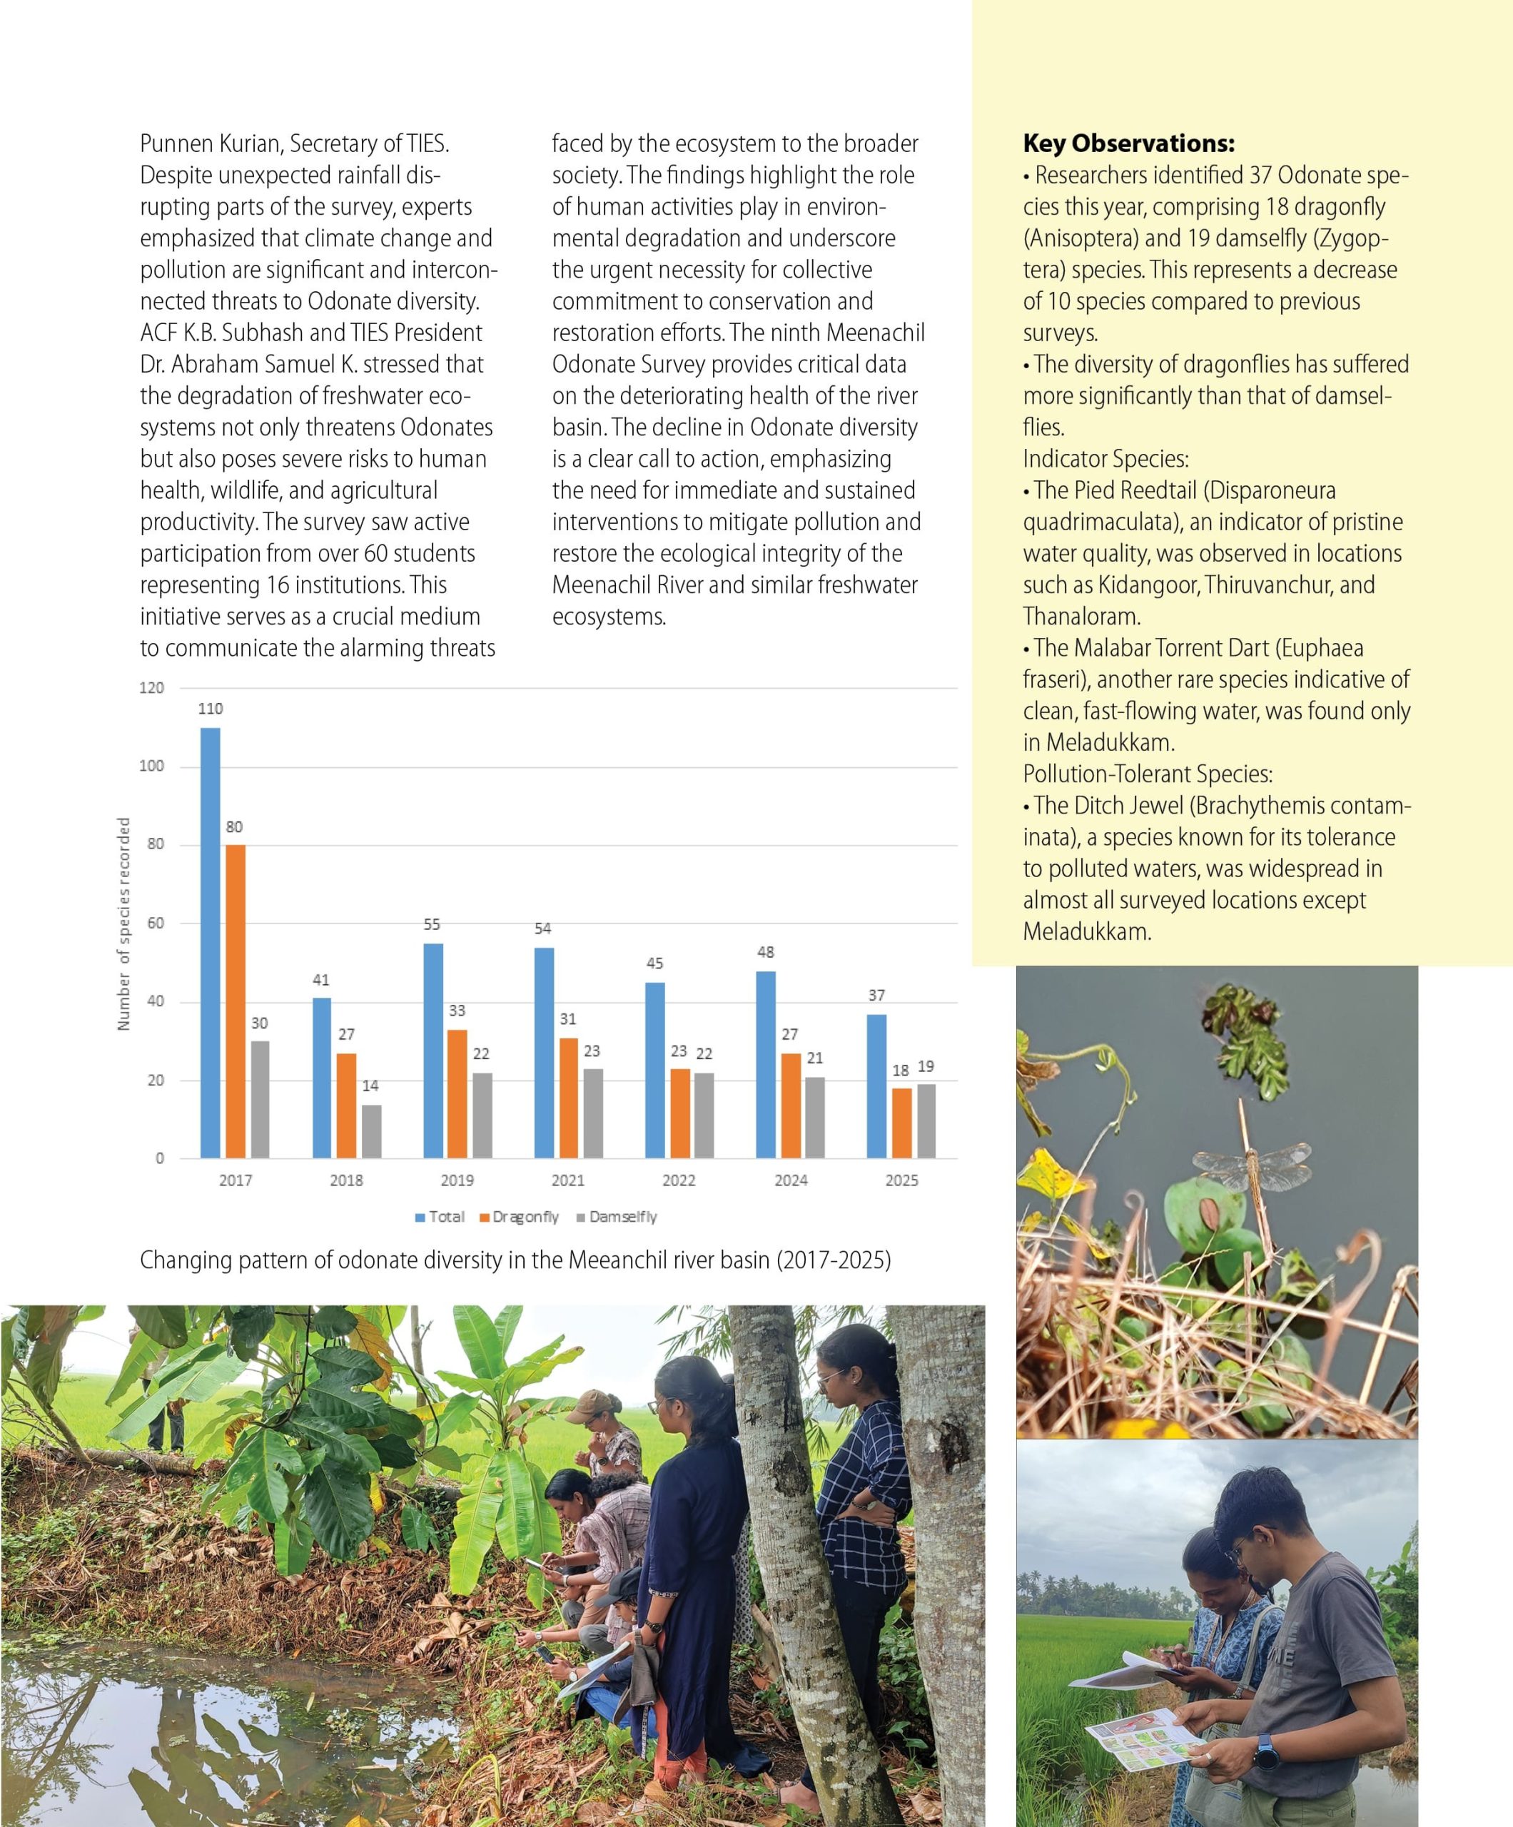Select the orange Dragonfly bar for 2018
click(346, 1105)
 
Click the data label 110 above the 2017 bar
click(211, 708)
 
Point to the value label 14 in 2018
click(370, 1085)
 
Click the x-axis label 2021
click(568, 1180)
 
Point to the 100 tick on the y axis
click(151, 766)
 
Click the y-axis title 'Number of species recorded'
click(123, 924)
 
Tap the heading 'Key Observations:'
click(1128, 143)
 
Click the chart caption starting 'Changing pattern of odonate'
click(515, 1260)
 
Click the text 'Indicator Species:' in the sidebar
click(1105, 458)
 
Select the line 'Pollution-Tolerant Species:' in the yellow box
click(1147, 774)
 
